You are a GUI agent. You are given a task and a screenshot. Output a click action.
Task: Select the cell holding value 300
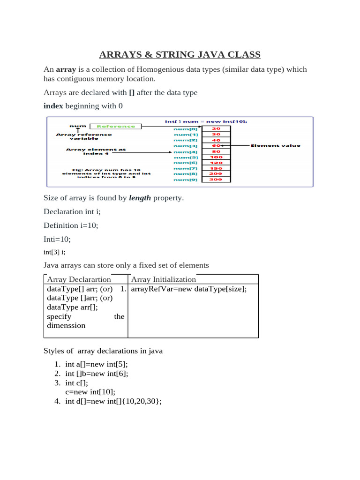[x=216, y=179]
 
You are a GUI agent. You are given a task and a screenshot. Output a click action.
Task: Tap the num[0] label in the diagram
[x=186, y=128]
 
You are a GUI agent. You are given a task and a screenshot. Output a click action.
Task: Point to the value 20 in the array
[x=216, y=128]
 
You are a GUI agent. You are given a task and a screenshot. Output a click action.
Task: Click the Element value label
[x=276, y=145]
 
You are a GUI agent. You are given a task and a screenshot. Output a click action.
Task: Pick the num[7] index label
[x=186, y=168]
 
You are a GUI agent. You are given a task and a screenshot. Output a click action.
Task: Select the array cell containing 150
[x=216, y=168]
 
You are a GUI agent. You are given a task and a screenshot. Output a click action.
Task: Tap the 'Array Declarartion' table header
[x=79, y=279]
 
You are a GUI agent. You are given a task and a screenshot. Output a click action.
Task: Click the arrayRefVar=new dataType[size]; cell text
[x=189, y=289]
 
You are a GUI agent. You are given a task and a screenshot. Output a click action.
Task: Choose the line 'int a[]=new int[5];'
[x=96, y=364]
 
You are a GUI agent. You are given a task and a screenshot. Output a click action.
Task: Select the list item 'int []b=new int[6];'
[x=97, y=373]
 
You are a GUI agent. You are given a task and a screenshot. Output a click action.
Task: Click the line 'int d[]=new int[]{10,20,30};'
[x=113, y=401]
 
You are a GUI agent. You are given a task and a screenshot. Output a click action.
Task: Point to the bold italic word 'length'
[x=141, y=198]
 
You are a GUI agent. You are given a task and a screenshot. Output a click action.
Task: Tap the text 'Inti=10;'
[x=57, y=239]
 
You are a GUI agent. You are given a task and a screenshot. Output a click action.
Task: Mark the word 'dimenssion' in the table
[x=67, y=325]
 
